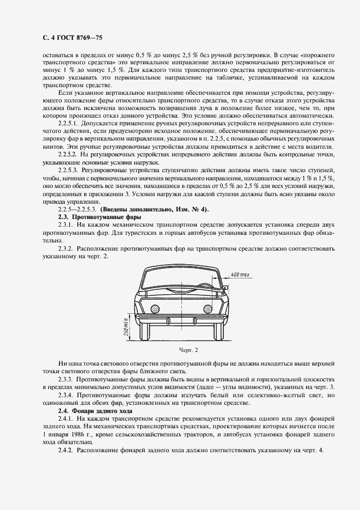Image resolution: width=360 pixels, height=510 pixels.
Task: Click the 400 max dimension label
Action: coord(240,274)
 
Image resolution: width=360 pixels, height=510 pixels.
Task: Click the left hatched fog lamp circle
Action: coord(155,309)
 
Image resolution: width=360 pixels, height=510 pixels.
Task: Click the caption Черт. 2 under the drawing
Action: coord(181,350)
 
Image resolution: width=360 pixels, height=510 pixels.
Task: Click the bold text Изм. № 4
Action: coord(191,209)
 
